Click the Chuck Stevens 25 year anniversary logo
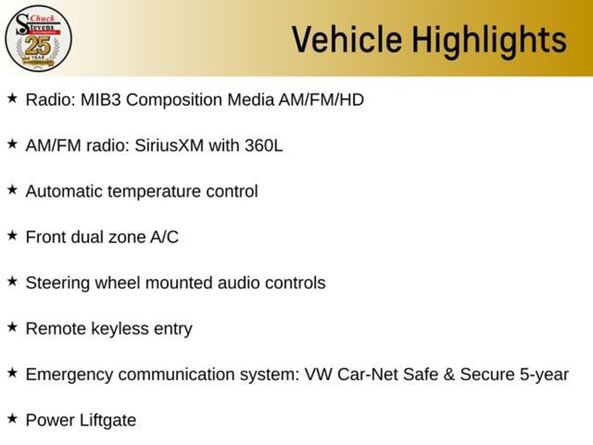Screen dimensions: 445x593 (x=38, y=38)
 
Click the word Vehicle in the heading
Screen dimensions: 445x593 (x=346, y=39)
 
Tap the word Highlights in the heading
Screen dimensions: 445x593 (x=489, y=41)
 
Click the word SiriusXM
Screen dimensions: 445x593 (x=169, y=145)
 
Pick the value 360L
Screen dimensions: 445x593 (x=263, y=145)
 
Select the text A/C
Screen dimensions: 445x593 (x=164, y=237)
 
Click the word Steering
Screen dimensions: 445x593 (x=58, y=283)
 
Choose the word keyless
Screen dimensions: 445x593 (x=120, y=329)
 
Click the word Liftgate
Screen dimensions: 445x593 (x=108, y=420)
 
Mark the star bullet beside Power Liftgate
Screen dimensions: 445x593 (x=12, y=418)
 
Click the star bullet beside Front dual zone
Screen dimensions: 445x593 (x=12, y=235)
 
